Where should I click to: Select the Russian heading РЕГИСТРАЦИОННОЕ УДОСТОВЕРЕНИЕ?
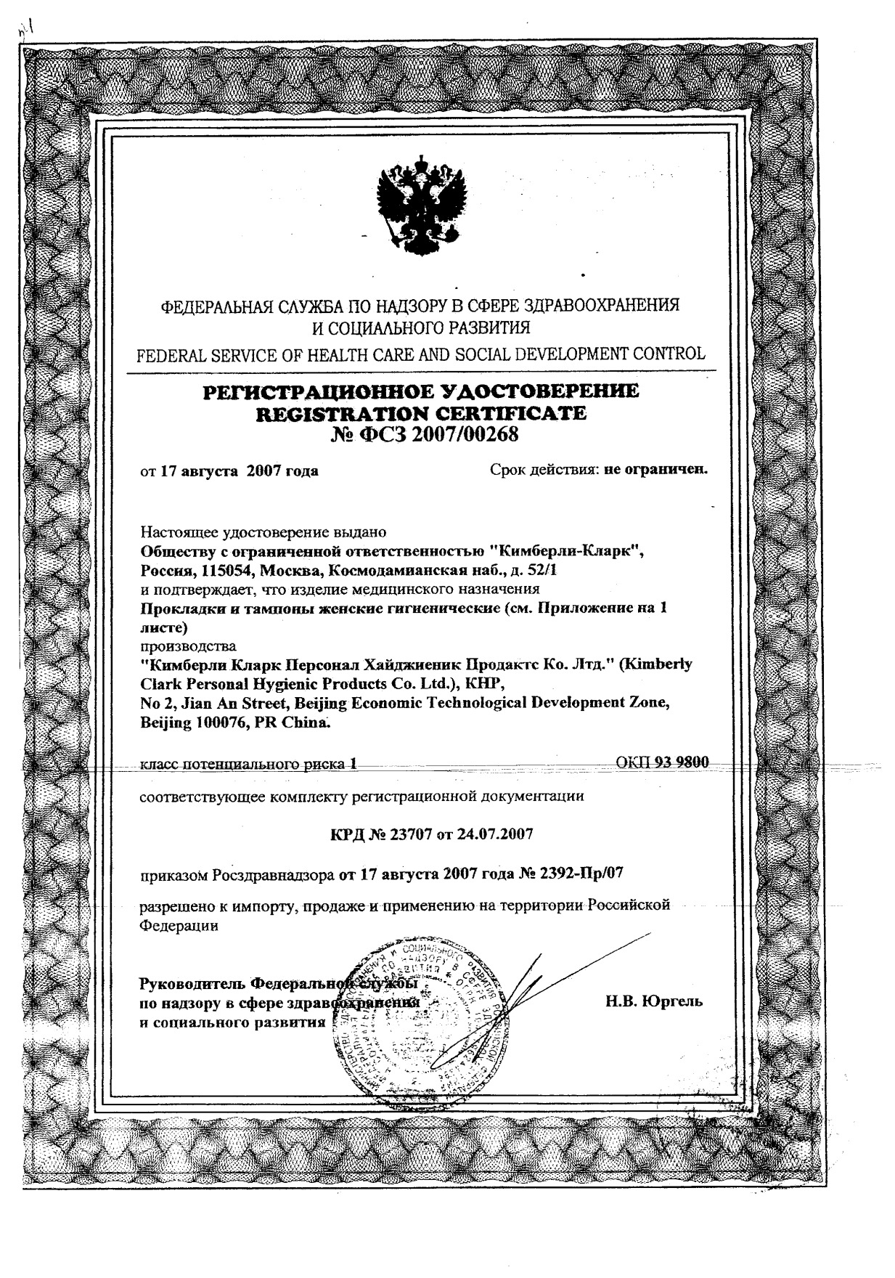[x=422, y=392]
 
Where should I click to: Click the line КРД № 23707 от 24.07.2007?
[x=431, y=834]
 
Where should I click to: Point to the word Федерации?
[x=179, y=926]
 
